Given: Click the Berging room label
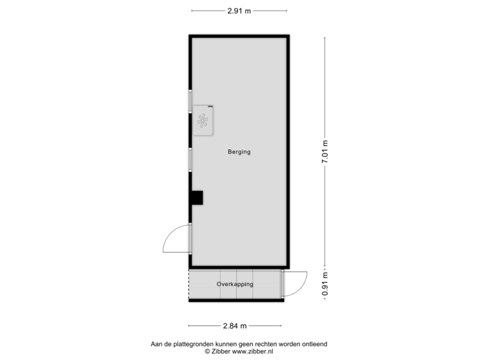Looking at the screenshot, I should tap(239, 152).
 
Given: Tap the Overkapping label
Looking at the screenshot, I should tap(235, 284).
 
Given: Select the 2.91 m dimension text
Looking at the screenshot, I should tap(239, 11).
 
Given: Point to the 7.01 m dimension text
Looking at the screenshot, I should tap(325, 153).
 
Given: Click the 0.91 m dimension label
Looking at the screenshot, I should tap(325, 284).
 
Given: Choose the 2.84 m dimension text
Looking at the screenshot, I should tap(235, 325).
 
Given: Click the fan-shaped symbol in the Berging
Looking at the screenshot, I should tap(203, 121).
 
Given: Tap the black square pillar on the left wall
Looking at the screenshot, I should tap(196, 198).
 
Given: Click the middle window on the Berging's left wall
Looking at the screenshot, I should tap(191, 160).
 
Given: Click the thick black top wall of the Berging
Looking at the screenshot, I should tap(239, 34).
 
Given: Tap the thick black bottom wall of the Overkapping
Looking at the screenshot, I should tap(235, 300).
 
